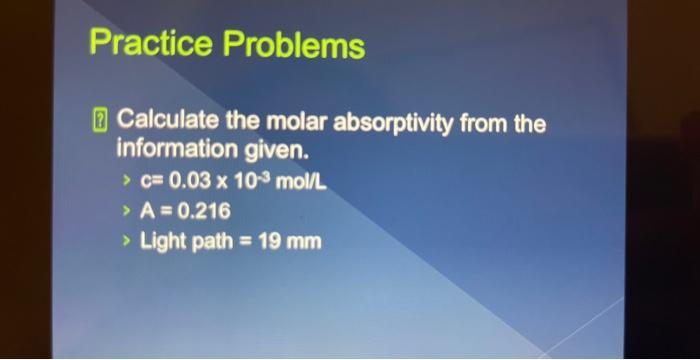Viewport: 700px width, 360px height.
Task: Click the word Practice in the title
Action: [151, 44]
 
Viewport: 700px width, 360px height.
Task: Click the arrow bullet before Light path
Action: [125, 241]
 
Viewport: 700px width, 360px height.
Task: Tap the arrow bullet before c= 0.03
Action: [125, 182]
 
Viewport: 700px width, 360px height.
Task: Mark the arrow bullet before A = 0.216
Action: [125, 211]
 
